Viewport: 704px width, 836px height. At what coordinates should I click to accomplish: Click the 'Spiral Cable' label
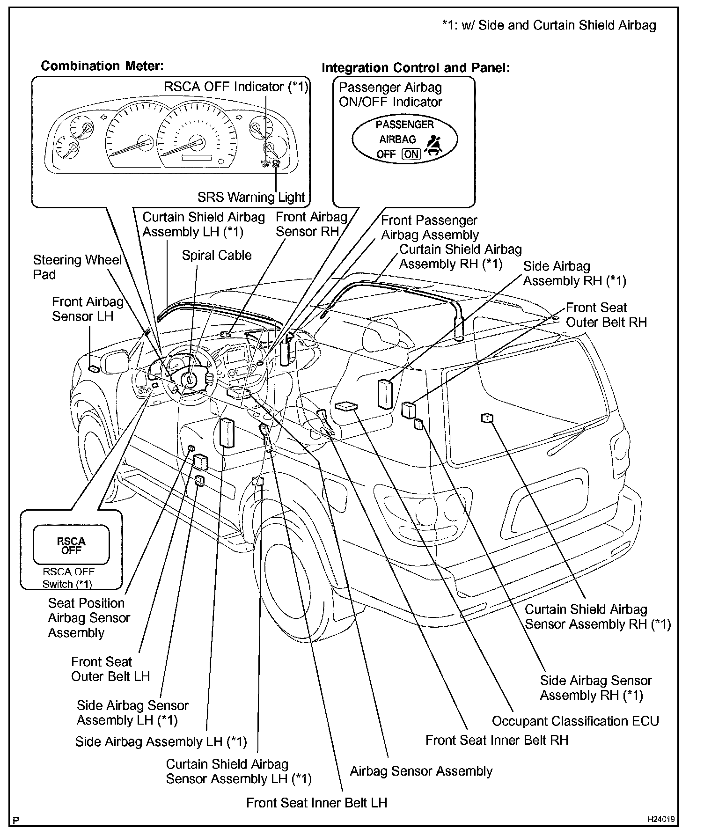click(x=216, y=255)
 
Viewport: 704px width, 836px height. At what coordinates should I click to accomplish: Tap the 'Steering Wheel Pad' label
click(x=77, y=267)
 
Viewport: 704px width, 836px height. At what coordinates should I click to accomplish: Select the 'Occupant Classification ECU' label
click(x=575, y=721)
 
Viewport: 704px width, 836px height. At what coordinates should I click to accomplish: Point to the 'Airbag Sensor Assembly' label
click(x=421, y=771)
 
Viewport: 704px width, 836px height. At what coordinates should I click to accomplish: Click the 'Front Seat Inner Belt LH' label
click(x=316, y=803)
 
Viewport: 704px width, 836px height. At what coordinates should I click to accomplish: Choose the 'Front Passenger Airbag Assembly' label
click(x=429, y=227)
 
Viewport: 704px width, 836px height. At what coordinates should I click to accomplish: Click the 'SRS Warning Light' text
click(x=251, y=197)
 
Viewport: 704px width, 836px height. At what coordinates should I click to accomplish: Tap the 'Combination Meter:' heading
click(x=102, y=66)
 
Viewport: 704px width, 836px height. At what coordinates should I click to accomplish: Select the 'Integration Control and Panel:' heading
click(x=415, y=68)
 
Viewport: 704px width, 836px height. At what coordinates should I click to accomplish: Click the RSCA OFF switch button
click(x=71, y=545)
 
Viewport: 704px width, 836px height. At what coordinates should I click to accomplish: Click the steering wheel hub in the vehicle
click(x=189, y=379)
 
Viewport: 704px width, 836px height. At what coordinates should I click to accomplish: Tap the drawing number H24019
click(x=661, y=820)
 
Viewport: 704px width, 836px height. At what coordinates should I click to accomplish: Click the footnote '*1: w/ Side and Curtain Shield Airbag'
click(x=549, y=25)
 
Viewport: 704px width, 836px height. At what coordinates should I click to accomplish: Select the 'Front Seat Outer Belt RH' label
click(x=606, y=315)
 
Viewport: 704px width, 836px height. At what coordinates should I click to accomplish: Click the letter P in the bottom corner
click(x=16, y=820)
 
